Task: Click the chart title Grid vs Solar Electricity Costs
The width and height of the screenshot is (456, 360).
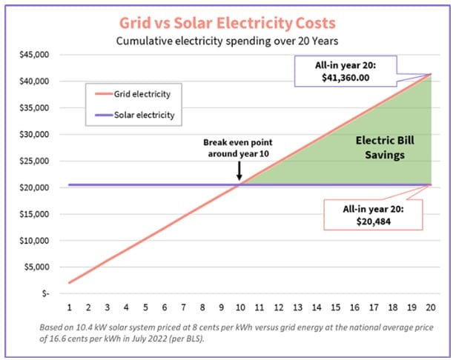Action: [x=227, y=21]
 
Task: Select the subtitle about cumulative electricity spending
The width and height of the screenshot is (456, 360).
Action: [x=227, y=41]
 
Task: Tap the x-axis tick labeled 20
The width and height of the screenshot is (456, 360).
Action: [x=430, y=307]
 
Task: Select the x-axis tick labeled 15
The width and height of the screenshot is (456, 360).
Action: [x=335, y=307]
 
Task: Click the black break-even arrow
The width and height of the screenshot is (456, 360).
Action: [x=239, y=172]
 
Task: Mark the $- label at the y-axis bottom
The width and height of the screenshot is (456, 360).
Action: [x=44, y=293]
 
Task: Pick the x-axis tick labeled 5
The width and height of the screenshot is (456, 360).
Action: [x=146, y=307]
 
